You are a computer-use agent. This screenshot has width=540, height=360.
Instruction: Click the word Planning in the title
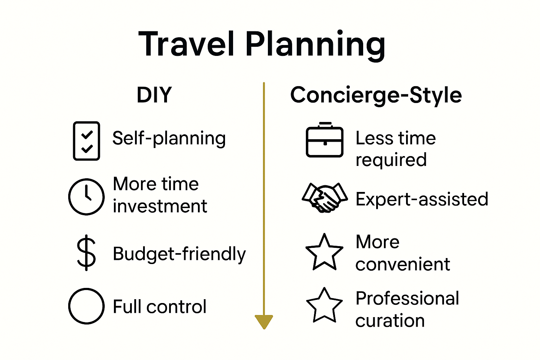[315, 45]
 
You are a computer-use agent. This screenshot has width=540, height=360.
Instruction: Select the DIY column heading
[154, 95]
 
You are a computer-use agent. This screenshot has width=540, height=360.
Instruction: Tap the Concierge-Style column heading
[376, 95]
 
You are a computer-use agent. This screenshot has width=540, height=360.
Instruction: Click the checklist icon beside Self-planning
[86, 141]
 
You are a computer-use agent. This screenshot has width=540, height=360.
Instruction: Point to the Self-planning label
[169, 138]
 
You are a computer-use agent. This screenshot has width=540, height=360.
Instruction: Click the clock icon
[86, 197]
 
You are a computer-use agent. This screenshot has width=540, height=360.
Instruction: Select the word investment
[160, 206]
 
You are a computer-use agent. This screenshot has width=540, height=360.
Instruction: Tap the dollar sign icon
[86, 253]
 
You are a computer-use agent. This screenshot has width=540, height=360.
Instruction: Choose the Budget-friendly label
[179, 254]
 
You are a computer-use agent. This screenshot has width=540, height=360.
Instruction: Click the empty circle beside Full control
[86, 306]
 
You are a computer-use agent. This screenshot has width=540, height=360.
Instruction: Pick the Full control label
[159, 307]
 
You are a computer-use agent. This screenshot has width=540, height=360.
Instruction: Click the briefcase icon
[324, 140]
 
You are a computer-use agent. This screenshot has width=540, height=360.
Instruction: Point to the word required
[391, 160]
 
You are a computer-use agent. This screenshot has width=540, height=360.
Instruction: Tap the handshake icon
[324, 198]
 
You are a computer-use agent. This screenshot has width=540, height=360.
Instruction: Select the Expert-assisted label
[422, 199]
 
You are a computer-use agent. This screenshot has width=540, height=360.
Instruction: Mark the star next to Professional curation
[324, 306]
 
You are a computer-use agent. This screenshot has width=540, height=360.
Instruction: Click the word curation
[390, 321]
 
